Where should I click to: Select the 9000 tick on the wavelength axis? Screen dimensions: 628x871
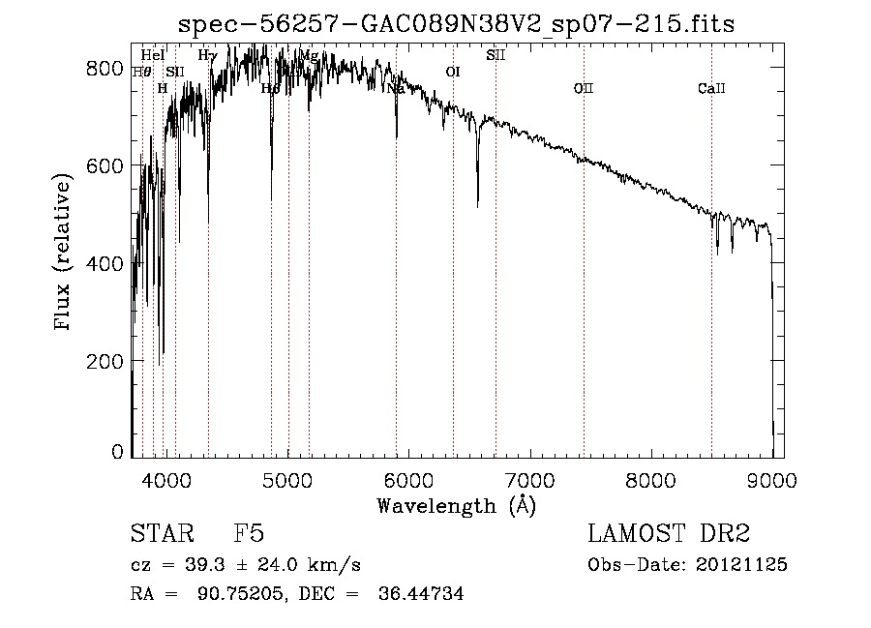pyautogui.click(x=771, y=477)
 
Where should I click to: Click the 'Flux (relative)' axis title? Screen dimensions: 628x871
pyautogui.click(x=65, y=254)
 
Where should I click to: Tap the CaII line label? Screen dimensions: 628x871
pyautogui.click(x=711, y=90)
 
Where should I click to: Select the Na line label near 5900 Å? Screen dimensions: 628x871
pyautogui.click(x=395, y=89)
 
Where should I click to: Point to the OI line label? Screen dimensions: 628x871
pyautogui.click(x=452, y=72)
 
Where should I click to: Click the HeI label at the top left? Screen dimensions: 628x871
pyautogui.click(x=152, y=55)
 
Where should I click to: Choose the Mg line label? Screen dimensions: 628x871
pyautogui.click(x=309, y=55)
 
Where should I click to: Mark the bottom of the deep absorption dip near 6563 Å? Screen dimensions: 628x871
pyautogui.click(x=477, y=205)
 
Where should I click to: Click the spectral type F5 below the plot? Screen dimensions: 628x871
pyautogui.click(x=249, y=534)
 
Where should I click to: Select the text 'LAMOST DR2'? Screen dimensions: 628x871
pyautogui.click(x=669, y=534)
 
